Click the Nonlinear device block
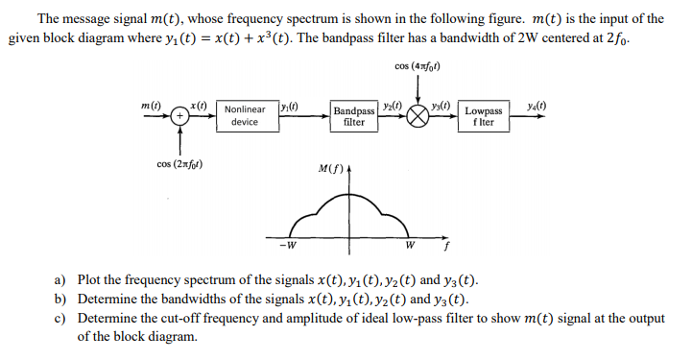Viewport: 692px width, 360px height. (245, 116)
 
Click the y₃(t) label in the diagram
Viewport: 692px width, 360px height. (443, 105)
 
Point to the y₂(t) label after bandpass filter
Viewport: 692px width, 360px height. (392, 105)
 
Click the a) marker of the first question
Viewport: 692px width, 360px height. (59, 279)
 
